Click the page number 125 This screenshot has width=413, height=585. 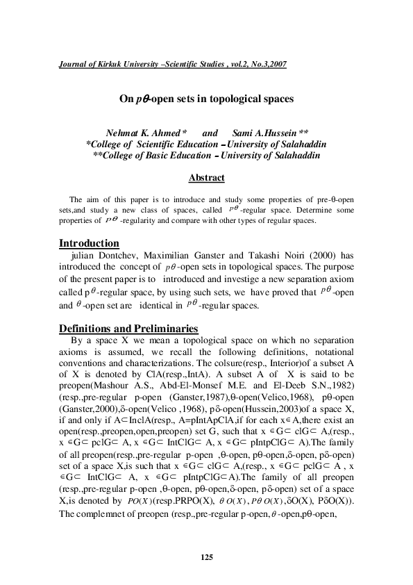pyautogui.click(x=206, y=557)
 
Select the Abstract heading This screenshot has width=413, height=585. pyautogui.click(x=206, y=178)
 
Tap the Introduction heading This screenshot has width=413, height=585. pyautogui.click(x=89, y=244)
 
